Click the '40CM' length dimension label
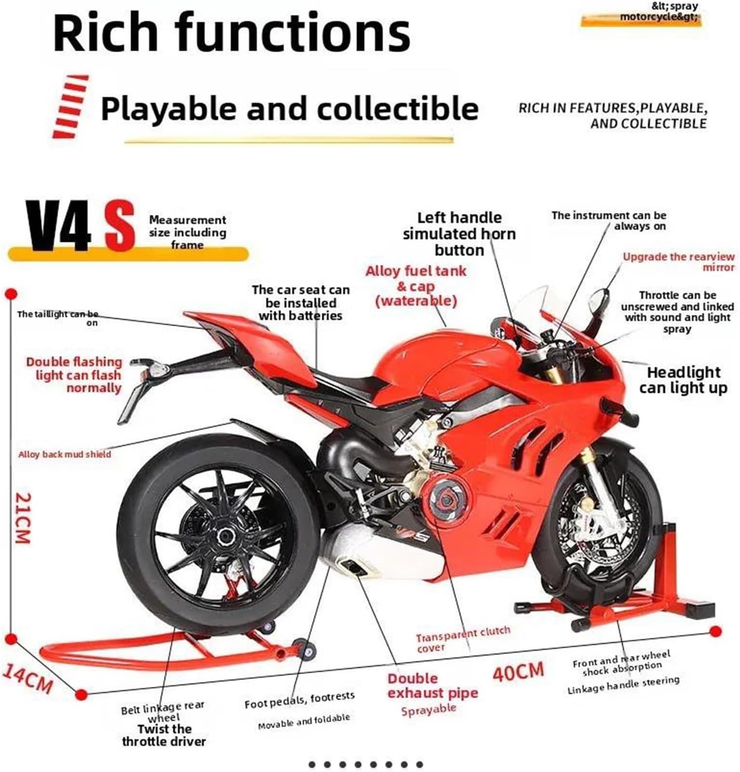[518, 671]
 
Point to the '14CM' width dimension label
[28, 677]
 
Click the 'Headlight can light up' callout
[683, 380]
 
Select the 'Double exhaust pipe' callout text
[432, 686]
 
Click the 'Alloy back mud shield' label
[65, 454]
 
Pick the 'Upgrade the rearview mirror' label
[678, 261]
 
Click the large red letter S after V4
[119, 227]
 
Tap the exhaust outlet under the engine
[354, 567]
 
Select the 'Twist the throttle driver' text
[164, 735]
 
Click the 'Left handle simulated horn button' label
[459, 234]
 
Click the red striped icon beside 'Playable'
[70, 106]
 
